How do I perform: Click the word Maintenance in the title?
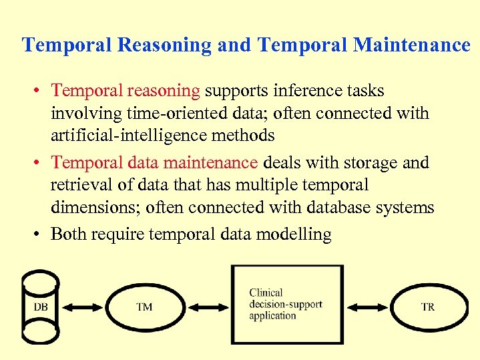tap(411, 45)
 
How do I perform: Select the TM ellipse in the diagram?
tap(144, 307)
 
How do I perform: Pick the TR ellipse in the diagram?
tap(427, 307)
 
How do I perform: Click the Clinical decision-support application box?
tap(286, 304)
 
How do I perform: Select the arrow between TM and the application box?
tap(208, 307)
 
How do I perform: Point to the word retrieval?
tap(78, 185)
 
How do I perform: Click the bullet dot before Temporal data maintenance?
tap(41, 163)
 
